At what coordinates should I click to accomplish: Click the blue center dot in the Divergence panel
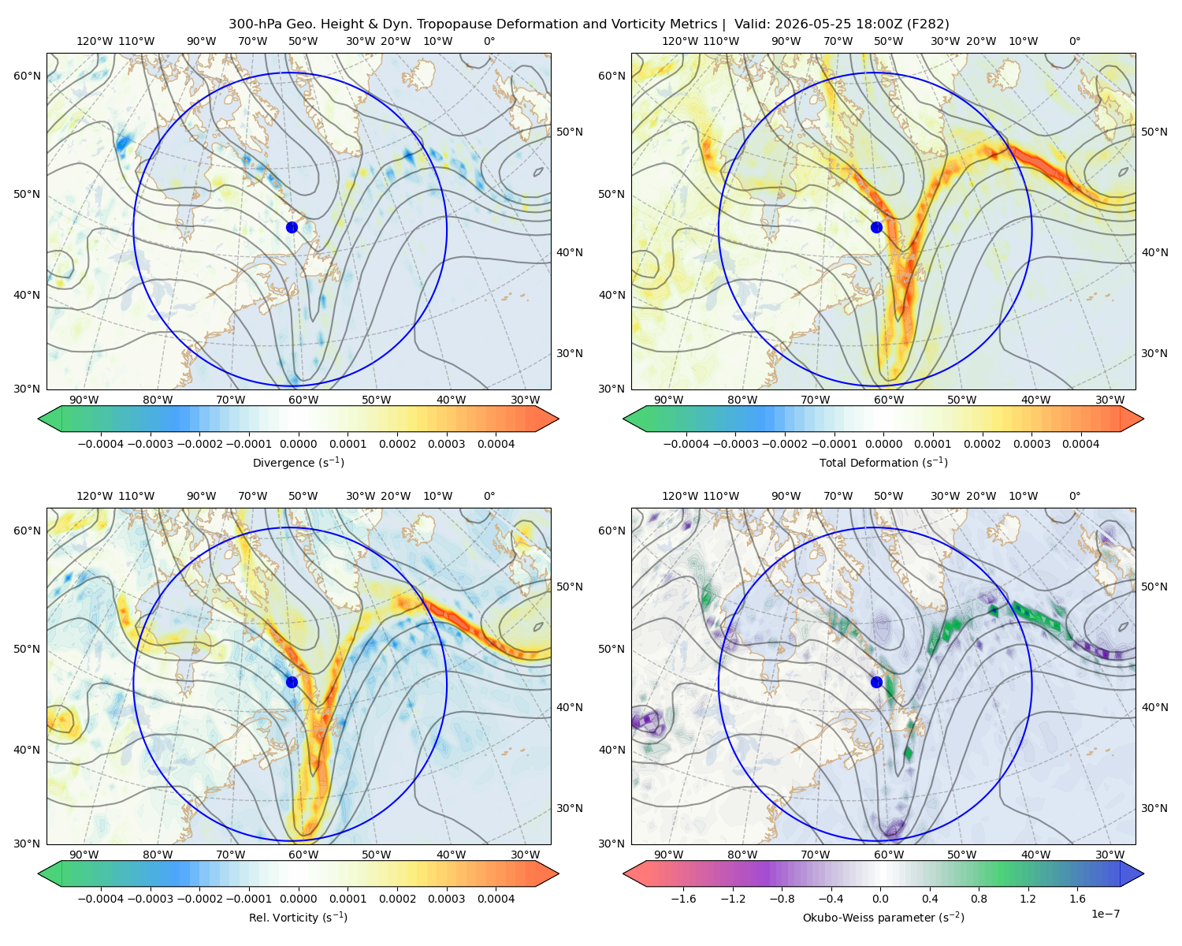292,227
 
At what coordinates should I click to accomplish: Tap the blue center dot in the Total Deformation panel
876,227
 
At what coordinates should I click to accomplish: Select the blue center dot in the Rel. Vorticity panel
292,682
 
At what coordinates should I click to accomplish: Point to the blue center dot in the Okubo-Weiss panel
876,682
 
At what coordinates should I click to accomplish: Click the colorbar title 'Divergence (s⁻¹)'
298,462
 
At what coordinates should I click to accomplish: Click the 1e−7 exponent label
1105,914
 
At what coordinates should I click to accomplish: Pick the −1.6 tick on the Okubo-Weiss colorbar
683,898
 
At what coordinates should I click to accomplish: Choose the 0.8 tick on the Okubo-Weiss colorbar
979,898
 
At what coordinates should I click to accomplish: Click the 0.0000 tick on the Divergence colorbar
298,444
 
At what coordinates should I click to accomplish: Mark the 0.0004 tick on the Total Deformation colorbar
1080,444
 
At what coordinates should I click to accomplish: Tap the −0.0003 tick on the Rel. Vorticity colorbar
150,898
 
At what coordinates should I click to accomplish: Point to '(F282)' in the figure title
928,24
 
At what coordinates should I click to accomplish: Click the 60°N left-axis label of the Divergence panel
27,76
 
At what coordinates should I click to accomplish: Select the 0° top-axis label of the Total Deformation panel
1074,41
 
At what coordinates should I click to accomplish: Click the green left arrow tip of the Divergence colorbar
39,419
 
